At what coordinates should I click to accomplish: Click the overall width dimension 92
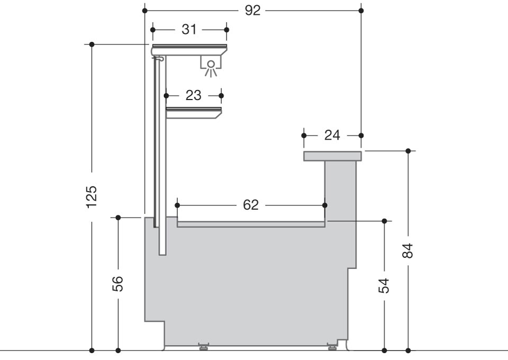pos(252,11)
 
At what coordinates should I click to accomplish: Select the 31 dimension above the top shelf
pos(189,30)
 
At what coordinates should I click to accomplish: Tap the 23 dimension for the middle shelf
pos(194,96)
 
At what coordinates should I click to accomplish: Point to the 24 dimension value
pos(332,135)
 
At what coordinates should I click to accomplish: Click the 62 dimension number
pos(251,205)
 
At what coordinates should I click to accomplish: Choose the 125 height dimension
pos(92,197)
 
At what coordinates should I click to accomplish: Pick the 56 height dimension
pos(118,284)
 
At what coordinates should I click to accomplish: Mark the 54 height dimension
pos(384,286)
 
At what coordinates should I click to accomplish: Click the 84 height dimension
pos(408,251)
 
